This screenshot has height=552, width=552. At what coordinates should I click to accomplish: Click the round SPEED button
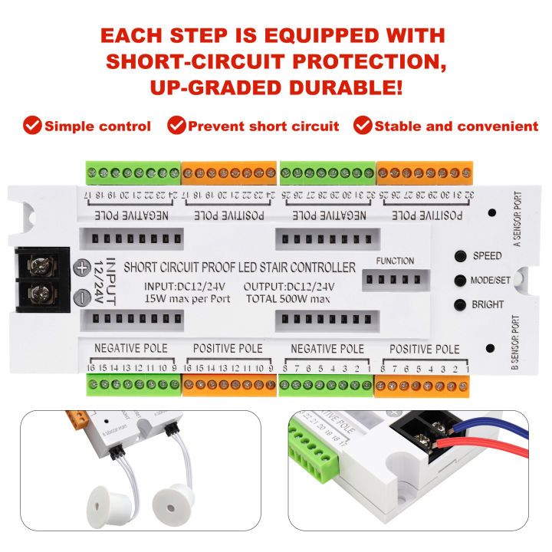[460, 256]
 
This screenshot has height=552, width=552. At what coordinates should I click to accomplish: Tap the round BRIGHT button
[460, 304]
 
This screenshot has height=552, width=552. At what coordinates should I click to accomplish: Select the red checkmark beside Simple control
[32, 126]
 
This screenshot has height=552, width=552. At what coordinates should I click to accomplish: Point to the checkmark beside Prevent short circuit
[176, 126]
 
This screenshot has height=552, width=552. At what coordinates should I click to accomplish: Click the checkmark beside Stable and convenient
[363, 126]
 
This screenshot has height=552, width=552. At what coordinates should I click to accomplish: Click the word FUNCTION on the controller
[395, 261]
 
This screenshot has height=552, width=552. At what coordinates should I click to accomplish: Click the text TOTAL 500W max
[288, 298]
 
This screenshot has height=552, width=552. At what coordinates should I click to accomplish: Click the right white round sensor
[172, 503]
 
